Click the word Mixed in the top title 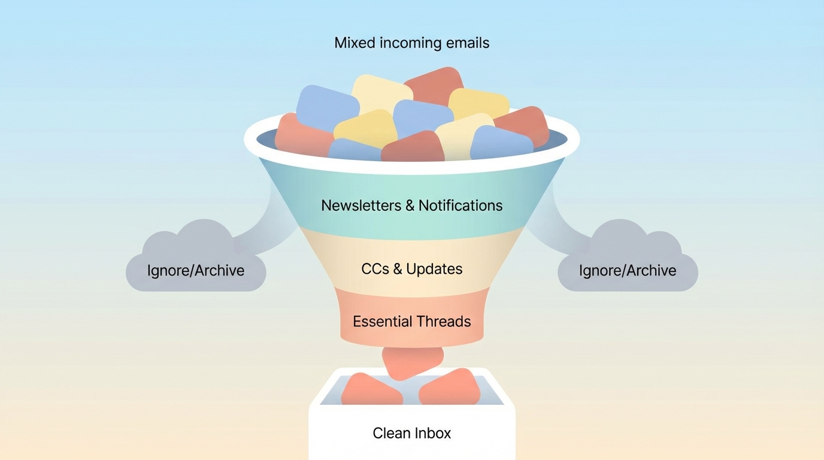[355, 43]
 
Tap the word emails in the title [468, 43]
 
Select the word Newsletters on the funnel [360, 205]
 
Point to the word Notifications [461, 205]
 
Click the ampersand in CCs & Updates [398, 269]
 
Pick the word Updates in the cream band [434, 269]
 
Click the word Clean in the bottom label [390, 433]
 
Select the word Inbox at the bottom [433, 433]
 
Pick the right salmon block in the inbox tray [450, 389]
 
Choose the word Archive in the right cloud [652, 271]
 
